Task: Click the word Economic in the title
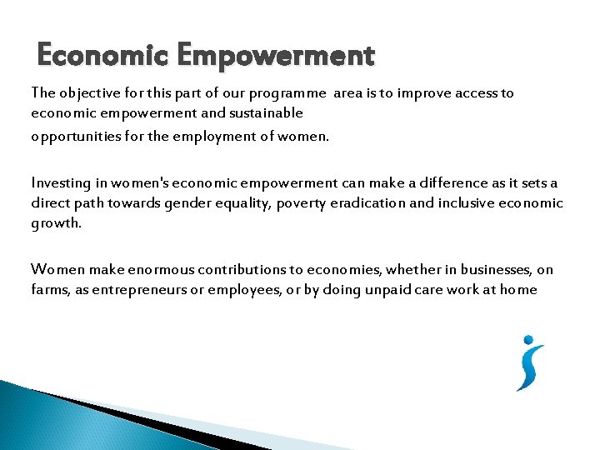click(x=91, y=56)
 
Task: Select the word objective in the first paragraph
click(x=87, y=93)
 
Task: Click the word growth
click(x=56, y=224)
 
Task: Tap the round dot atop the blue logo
click(x=527, y=340)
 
